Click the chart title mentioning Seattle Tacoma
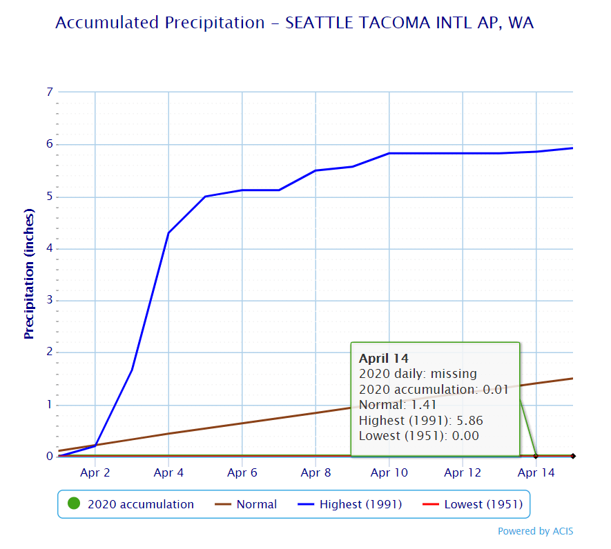[x=294, y=23]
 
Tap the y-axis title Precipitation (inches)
[x=29, y=274]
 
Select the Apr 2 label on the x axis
[x=95, y=473]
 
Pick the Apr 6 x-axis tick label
[x=242, y=473]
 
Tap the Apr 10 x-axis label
[x=389, y=473]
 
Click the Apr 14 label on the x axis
[x=536, y=473]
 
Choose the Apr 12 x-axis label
[x=463, y=473]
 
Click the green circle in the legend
[x=74, y=504]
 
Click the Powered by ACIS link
[x=535, y=531]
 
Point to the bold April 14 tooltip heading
[x=384, y=359]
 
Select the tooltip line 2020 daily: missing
[x=418, y=374]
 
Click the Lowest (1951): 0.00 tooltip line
[x=418, y=435]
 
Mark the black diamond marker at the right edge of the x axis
[x=573, y=456]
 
